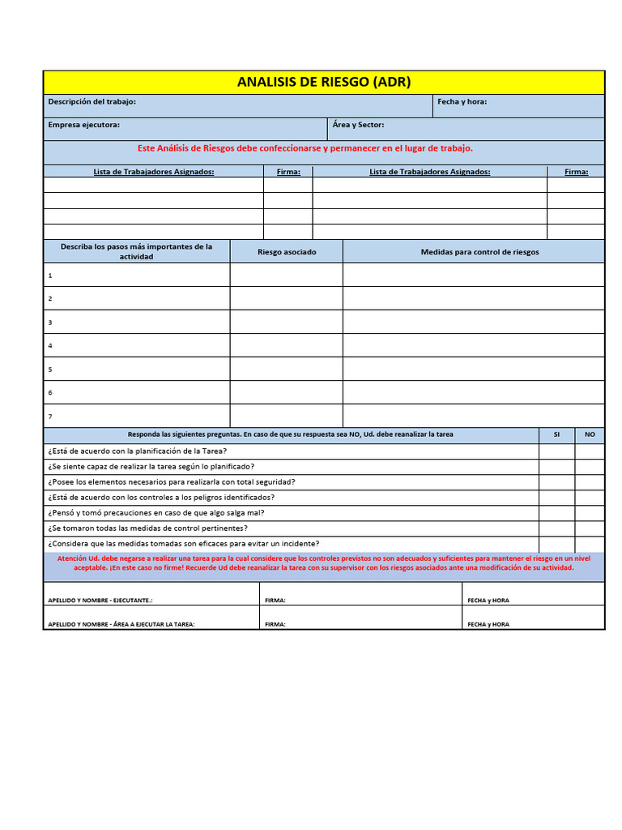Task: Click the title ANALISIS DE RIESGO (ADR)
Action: click(323, 82)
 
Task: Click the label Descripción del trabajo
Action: click(92, 101)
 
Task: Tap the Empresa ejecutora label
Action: click(83, 125)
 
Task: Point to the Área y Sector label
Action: click(358, 125)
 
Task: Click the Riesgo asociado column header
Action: click(287, 252)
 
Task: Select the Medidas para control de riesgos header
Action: click(479, 252)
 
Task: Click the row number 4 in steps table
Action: click(50, 345)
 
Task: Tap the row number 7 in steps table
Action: click(50, 416)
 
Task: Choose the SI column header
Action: click(556, 434)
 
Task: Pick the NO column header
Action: click(590, 434)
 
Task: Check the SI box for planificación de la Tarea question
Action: click(556, 451)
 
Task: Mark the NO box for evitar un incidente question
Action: click(590, 544)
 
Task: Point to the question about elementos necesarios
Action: click(171, 481)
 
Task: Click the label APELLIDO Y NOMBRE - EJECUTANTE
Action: click(100, 601)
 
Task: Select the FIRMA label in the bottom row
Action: click(275, 624)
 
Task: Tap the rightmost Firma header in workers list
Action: click(576, 172)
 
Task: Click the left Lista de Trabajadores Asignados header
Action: click(154, 172)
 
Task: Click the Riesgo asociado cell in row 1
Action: click(287, 275)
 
